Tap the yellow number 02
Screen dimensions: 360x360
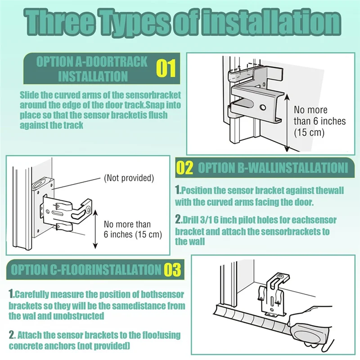[184, 168]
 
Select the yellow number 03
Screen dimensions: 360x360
[171, 270]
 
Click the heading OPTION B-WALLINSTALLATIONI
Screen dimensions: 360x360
[273, 168]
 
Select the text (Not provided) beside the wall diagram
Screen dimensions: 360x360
[129, 178]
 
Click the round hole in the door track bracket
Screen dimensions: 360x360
[262, 108]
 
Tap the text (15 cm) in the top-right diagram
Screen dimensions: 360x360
[309, 132]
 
